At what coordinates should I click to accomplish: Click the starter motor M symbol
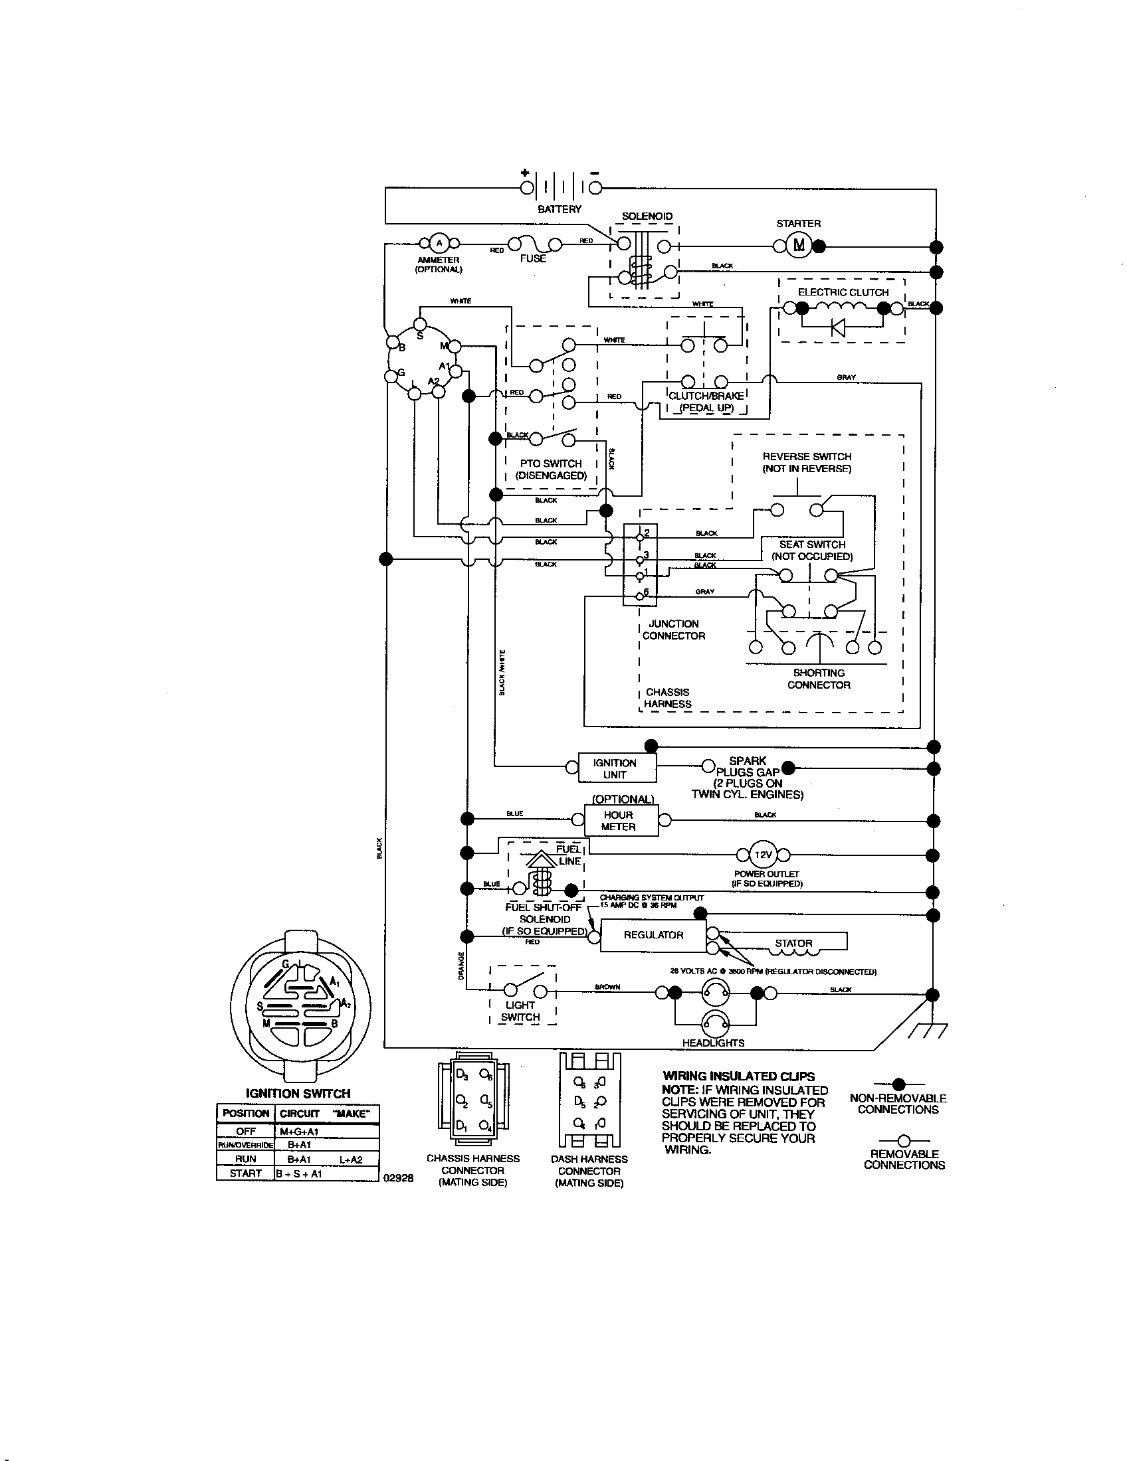point(799,246)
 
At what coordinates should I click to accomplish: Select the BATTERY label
point(560,209)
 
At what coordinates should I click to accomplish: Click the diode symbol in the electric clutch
point(837,327)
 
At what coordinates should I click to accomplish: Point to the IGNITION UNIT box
point(615,768)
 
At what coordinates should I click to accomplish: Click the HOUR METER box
point(618,821)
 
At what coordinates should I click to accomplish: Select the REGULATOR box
point(653,935)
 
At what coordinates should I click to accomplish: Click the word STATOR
point(793,943)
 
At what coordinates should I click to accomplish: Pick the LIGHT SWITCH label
point(520,1011)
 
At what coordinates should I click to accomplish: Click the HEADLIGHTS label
point(713,1043)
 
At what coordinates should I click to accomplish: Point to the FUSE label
point(533,258)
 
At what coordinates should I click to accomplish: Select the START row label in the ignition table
point(245,1173)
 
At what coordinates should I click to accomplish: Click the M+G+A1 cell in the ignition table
point(299,1131)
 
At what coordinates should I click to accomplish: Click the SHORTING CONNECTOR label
point(819,679)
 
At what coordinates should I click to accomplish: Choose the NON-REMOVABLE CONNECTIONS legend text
point(898,1104)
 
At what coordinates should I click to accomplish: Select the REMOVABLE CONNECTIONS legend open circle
point(904,1140)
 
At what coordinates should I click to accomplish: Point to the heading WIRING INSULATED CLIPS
point(738,1076)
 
